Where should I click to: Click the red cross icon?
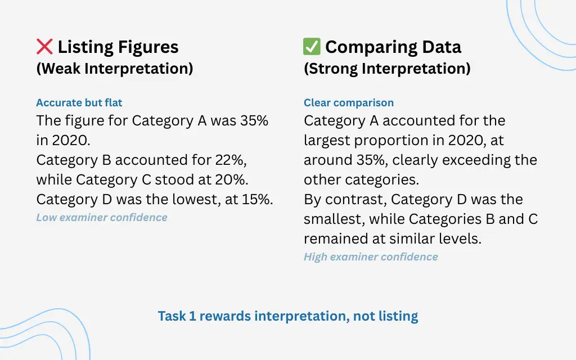[44, 47]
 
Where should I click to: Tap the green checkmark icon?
[312, 47]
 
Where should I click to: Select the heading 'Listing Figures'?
[118, 47]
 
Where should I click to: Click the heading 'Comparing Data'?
[393, 47]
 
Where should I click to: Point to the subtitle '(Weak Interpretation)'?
[115, 69]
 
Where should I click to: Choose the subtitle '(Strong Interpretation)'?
[387, 69]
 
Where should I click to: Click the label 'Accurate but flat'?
[79, 102]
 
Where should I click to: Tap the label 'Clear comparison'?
[349, 102]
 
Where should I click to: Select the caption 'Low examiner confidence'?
[102, 217]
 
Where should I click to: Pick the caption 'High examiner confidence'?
[371, 256]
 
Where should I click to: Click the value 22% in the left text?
[231, 160]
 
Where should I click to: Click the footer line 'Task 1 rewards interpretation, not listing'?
[288, 316]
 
